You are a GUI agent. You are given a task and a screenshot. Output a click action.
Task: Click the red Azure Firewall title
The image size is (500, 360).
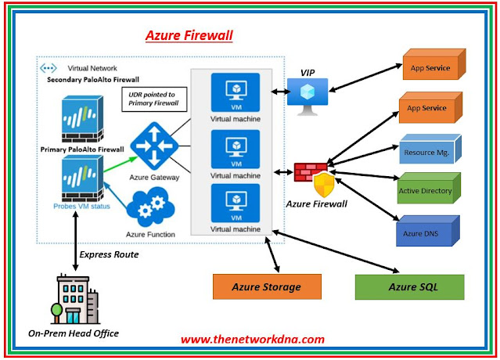[189, 35]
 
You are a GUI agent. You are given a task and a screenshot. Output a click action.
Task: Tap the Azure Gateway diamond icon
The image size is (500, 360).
[154, 146]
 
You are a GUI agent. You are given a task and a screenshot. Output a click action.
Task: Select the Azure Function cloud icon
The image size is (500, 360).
[150, 207]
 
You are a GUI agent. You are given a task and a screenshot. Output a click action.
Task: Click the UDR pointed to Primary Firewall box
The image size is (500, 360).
[154, 99]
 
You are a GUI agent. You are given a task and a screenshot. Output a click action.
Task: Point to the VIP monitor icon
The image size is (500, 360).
[308, 95]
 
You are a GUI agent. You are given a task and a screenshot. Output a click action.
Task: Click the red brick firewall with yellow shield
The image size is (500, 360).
[315, 179]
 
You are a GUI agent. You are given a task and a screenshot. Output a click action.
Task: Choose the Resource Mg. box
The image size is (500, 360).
[430, 149]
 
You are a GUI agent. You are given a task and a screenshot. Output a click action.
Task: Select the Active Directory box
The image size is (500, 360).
[429, 188]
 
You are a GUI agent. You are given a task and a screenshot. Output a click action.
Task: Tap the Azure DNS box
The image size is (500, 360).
[427, 231]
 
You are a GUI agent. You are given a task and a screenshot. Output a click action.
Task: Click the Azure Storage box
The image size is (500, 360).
[267, 286]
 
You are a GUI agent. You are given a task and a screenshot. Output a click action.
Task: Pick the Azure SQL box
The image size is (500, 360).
[410, 287]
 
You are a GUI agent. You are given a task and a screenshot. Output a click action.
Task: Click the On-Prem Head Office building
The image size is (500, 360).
[75, 299]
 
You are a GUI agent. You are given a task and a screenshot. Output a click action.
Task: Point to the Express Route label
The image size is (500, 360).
[109, 254]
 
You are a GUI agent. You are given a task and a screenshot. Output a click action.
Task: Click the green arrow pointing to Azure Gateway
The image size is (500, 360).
[121, 164]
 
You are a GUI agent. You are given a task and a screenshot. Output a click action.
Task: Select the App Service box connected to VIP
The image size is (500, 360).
[434, 64]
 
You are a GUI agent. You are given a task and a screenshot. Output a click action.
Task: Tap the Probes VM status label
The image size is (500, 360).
[81, 207]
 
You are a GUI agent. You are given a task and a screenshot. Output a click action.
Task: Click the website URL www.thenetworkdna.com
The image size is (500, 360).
[253, 340]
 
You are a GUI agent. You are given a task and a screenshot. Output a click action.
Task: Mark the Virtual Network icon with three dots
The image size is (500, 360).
[49, 68]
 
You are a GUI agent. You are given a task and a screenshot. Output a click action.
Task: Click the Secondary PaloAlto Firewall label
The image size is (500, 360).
[93, 80]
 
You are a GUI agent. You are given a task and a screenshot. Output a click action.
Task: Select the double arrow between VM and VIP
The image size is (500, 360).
[281, 92]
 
